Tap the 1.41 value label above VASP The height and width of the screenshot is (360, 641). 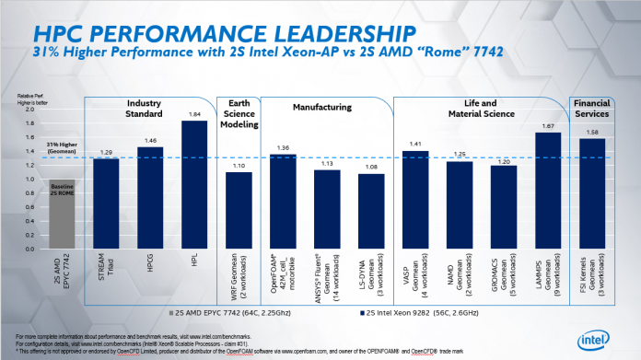(417, 144)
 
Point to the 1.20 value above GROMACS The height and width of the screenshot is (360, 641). (504, 160)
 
